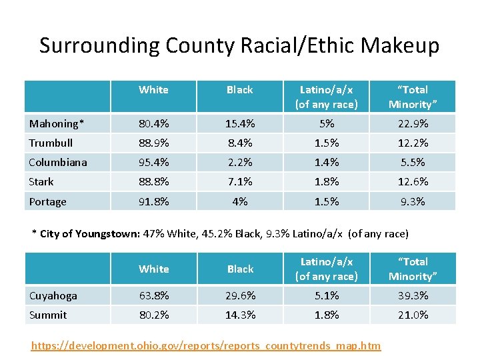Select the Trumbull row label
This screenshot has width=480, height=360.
pyautogui.click(x=51, y=143)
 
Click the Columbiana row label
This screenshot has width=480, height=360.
pyautogui.click(x=58, y=162)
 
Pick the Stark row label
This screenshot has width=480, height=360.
pyautogui.click(x=41, y=181)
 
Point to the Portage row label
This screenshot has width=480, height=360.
pyautogui.click(x=47, y=201)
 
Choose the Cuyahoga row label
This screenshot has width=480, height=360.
pyautogui.click(x=53, y=295)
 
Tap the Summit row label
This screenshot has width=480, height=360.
pyautogui.click(x=48, y=315)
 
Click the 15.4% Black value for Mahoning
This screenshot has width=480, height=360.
pyautogui.click(x=239, y=123)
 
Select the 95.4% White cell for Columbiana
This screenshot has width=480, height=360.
pyautogui.click(x=153, y=162)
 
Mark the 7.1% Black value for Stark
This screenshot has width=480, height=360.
pyautogui.click(x=239, y=181)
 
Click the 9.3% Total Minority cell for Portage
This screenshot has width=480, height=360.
pyautogui.click(x=413, y=201)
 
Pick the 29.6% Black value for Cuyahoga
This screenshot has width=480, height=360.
pyautogui.click(x=239, y=295)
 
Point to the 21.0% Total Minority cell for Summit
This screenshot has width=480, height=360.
pyautogui.click(x=413, y=315)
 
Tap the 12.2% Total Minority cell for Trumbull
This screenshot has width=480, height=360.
pyautogui.click(x=413, y=143)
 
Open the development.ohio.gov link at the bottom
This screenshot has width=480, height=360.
pyautogui.click(x=207, y=345)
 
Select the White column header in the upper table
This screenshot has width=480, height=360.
pyautogui.click(x=153, y=90)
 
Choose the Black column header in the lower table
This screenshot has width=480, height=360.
pyautogui.click(x=240, y=269)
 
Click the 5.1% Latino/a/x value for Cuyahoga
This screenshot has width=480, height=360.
pyautogui.click(x=326, y=295)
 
